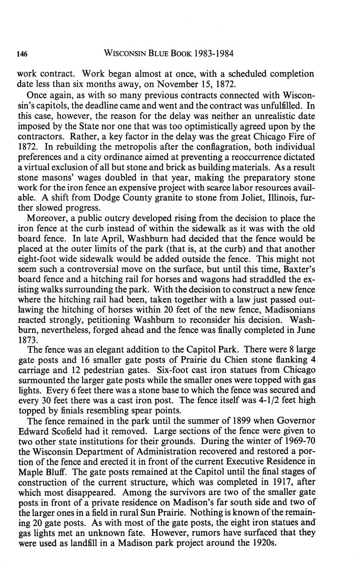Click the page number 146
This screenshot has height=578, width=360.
click(x=22, y=54)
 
